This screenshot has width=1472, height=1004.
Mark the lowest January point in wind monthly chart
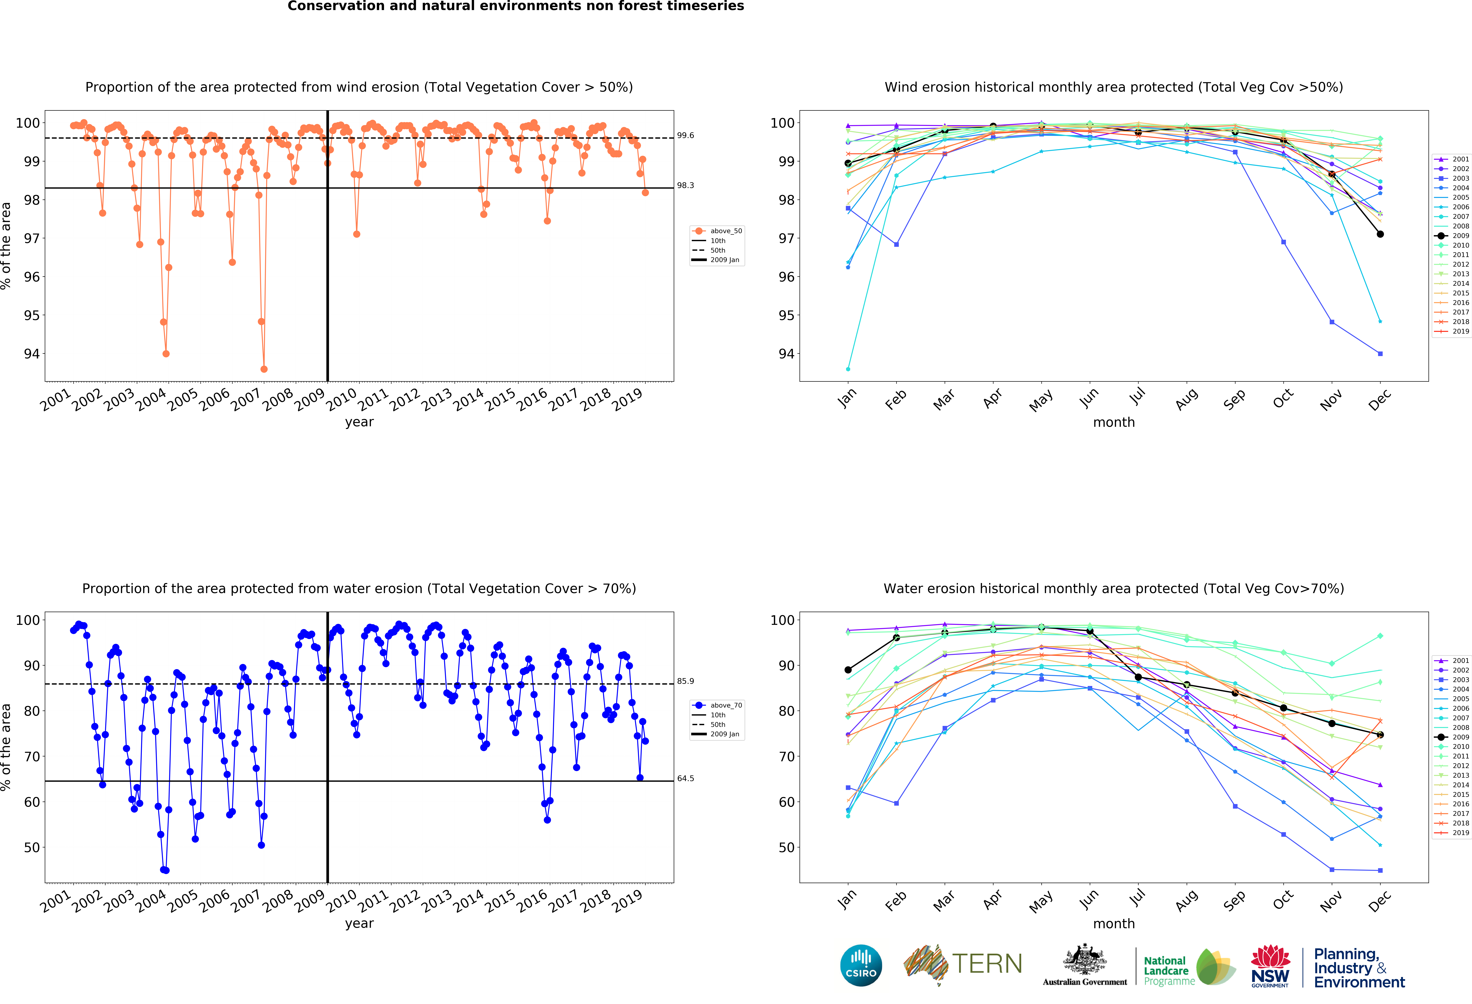[848, 369]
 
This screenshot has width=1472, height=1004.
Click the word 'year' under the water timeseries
[359, 924]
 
